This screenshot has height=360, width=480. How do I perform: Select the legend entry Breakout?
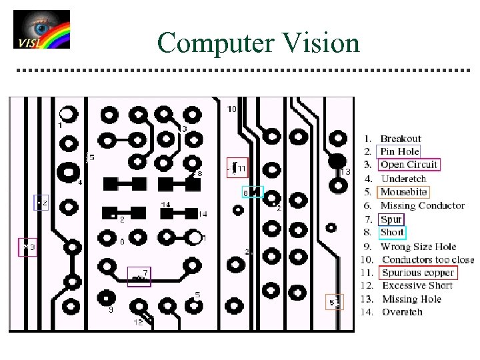coord(400,139)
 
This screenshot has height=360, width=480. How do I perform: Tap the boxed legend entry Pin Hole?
coord(399,151)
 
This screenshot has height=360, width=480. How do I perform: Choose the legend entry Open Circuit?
coord(409,165)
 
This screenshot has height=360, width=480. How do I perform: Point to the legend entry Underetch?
coord(403,179)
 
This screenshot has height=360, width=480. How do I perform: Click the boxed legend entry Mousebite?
coord(403,192)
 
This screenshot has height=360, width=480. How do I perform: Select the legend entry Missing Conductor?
coord(422,205)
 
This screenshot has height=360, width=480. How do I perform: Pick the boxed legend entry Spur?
coord(391,219)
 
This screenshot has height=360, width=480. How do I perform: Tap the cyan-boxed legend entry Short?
coord(391,232)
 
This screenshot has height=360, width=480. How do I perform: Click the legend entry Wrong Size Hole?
coord(418,246)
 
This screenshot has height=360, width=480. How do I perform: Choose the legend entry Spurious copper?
coord(417,273)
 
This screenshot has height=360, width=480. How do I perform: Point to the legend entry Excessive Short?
coord(417,285)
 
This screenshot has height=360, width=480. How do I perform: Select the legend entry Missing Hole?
coord(411,299)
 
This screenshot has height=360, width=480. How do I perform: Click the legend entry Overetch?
coord(402,312)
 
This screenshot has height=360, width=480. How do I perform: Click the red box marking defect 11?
coord(237,168)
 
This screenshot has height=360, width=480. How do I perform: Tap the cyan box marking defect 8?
coord(253,193)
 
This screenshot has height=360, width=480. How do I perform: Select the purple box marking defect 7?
coord(139,275)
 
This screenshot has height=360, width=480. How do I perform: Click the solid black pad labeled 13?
coord(337,161)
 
